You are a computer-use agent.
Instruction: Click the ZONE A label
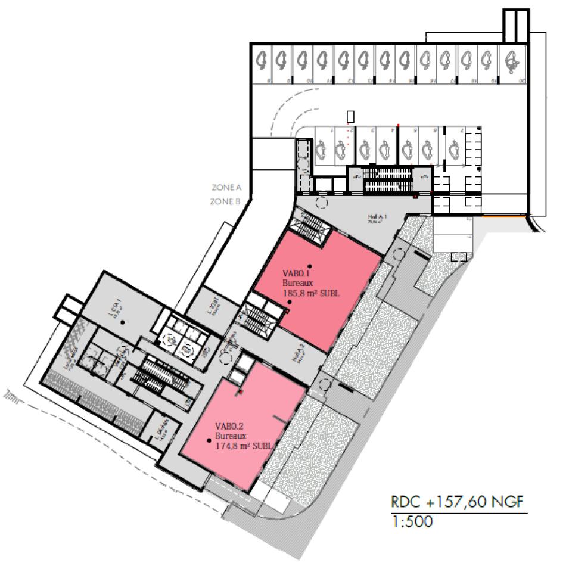226,188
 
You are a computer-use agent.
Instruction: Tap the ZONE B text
225,202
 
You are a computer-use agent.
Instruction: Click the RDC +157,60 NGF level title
458,502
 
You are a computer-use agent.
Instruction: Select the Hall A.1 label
378,218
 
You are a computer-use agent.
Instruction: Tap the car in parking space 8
262,59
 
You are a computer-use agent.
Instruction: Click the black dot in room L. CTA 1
122,322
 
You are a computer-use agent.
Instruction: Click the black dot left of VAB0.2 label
209,440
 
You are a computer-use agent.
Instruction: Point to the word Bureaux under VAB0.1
294,284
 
